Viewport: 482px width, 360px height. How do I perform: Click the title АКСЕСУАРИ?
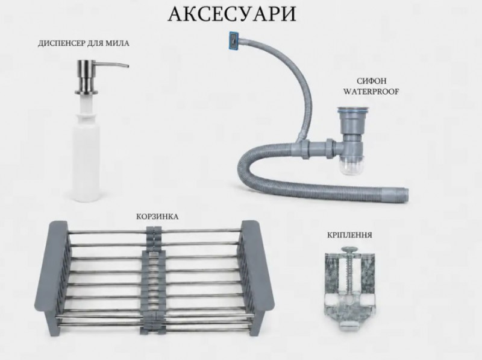pos(232,13)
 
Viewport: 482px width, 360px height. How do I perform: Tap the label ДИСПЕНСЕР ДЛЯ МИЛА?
pos(84,43)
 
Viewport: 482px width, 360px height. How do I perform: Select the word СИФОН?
pos(371,81)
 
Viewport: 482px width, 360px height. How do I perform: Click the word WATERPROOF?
pos(371,92)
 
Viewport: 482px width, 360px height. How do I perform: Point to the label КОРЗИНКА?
pos(157,216)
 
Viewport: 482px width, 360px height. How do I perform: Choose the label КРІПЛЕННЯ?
pos(349,235)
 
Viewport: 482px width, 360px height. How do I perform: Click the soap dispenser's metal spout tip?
pos(127,66)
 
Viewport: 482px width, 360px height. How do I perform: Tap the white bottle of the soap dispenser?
pos(86,157)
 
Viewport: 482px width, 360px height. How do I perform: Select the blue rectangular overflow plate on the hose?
pos(234,40)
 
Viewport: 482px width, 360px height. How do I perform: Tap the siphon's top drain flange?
pos(351,109)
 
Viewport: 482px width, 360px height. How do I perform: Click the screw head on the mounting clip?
pos(349,248)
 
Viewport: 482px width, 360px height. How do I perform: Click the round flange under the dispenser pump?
pos(86,92)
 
